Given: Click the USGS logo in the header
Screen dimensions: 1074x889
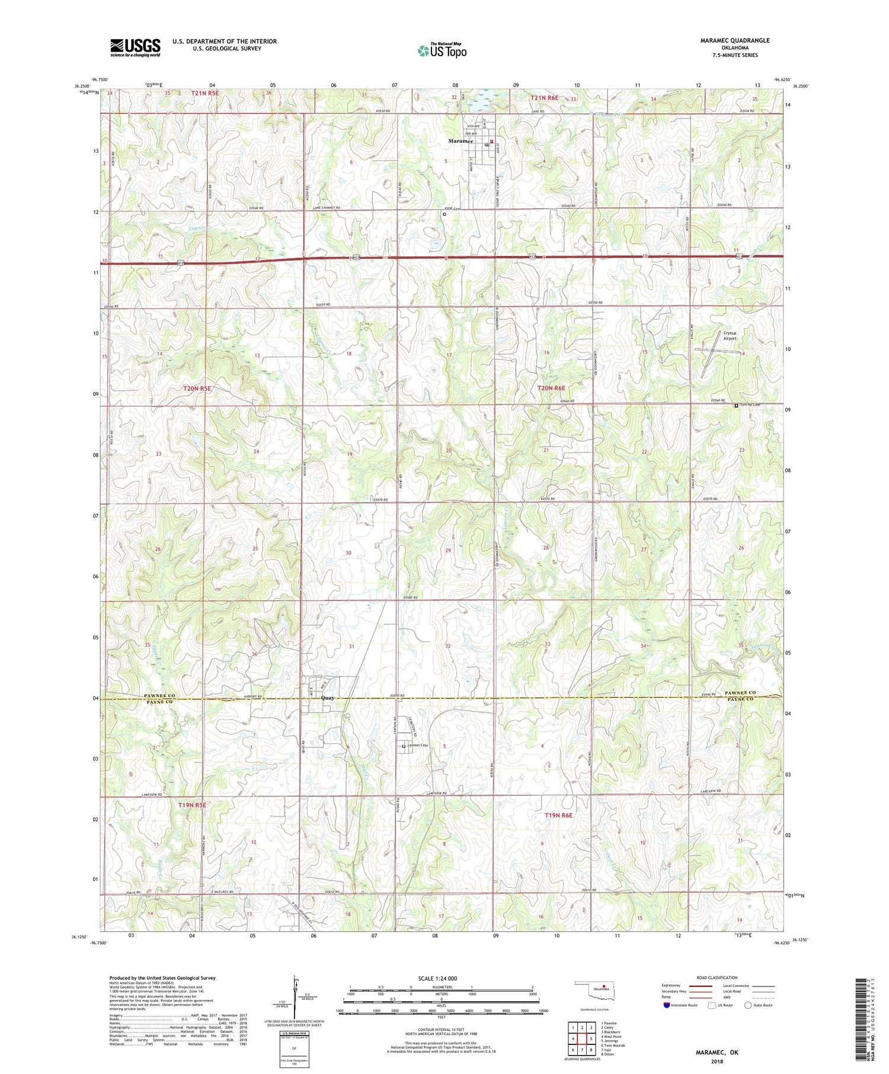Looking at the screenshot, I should coord(135,47).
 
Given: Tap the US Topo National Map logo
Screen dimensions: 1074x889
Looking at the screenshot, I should coord(442,50).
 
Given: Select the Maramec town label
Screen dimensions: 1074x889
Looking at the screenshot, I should coord(460,141).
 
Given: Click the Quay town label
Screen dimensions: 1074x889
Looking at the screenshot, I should coord(327,698).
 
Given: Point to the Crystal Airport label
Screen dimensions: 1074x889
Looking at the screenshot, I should coord(730,335).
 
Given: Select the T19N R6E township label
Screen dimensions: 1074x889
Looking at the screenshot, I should coord(558,816).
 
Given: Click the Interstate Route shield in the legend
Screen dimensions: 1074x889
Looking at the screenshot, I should coord(667,1005).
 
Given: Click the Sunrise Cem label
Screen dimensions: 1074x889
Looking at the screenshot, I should coord(749,405).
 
